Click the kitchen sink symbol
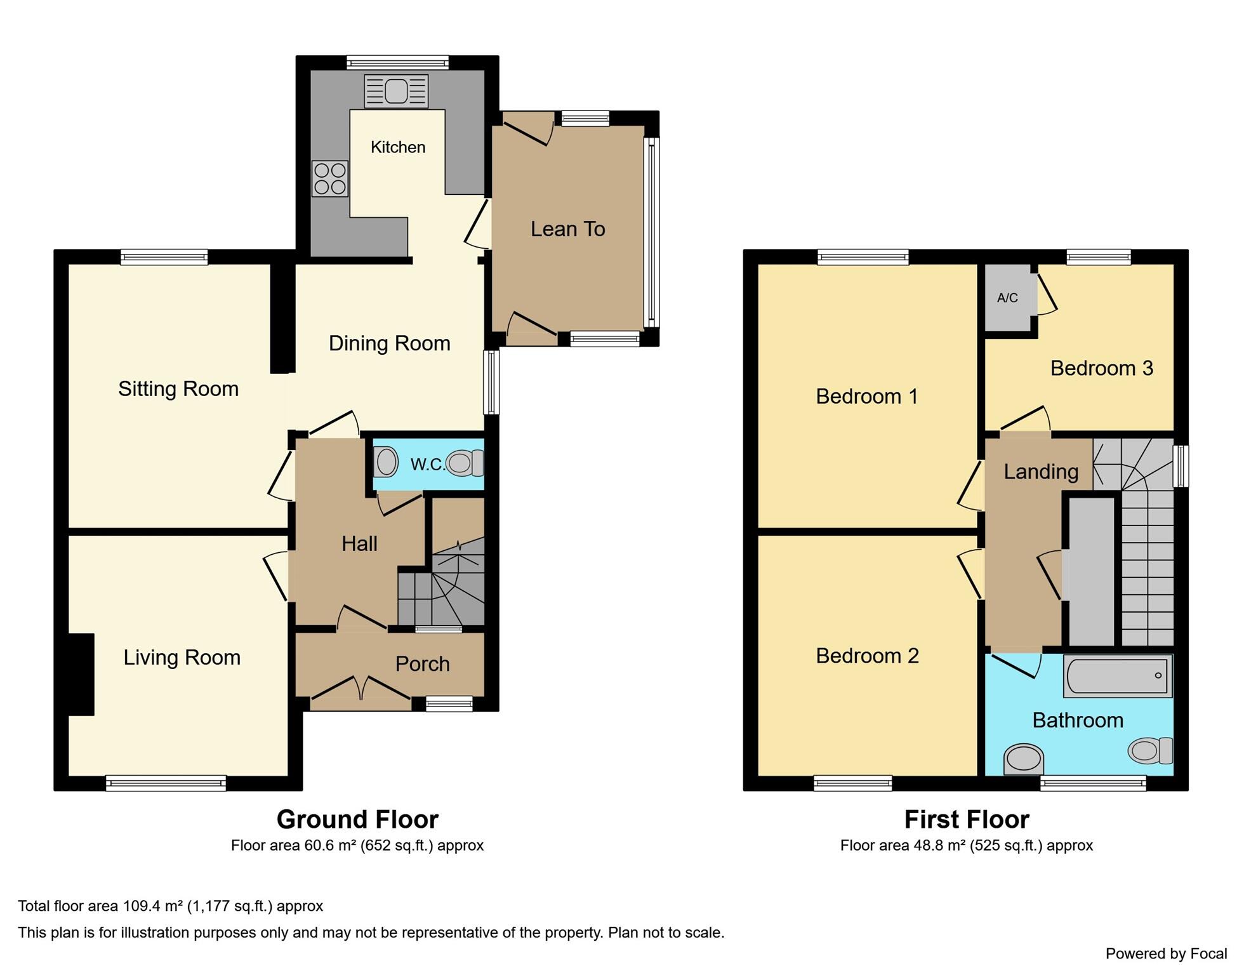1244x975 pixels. click(x=396, y=91)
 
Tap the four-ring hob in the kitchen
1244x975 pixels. click(x=330, y=178)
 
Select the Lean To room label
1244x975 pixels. click(x=567, y=229)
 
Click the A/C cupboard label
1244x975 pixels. click(x=1007, y=298)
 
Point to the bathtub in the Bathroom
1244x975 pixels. click(x=1118, y=676)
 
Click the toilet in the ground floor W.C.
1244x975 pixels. click(x=465, y=463)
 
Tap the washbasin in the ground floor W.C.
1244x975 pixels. click(x=385, y=461)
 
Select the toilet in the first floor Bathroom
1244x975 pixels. click(x=1149, y=750)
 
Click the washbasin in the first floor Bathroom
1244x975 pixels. click(x=1023, y=759)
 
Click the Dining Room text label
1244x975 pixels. click(x=389, y=343)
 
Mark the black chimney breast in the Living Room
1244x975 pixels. click(x=81, y=674)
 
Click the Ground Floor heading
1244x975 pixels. click(x=357, y=819)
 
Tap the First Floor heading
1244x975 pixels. click(x=966, y=819)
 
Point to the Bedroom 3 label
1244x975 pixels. click(x=1101, y=368)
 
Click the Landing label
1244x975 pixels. click(x=1041, y=472)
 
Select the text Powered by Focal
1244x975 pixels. click(x=1166, y=953)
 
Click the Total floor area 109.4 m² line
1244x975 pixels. click(x=170, y=906)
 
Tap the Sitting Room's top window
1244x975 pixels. click(x=164, y=257)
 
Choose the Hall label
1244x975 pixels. click(x=359, y=543)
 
